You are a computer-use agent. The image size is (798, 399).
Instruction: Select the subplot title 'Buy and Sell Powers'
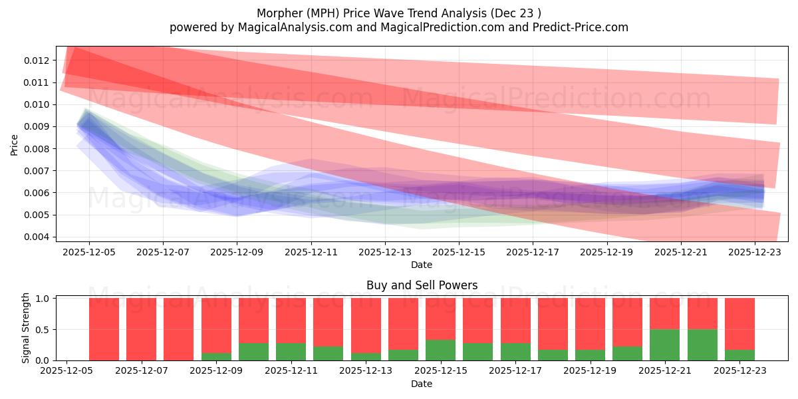point(422,285)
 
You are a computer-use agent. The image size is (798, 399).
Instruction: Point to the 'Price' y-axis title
point(15,144)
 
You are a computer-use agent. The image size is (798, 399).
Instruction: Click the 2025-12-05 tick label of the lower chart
point(66,371)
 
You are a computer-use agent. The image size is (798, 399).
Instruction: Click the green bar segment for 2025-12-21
point(664,345)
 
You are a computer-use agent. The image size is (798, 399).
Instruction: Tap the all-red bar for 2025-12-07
point(141,329)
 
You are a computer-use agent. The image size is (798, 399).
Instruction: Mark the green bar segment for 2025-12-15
point(440,350)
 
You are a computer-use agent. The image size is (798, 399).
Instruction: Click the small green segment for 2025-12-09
point(216,356)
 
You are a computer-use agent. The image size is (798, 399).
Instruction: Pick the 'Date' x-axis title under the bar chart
point(422,384)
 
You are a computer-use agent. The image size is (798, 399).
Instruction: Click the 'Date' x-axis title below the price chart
point(422,265)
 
